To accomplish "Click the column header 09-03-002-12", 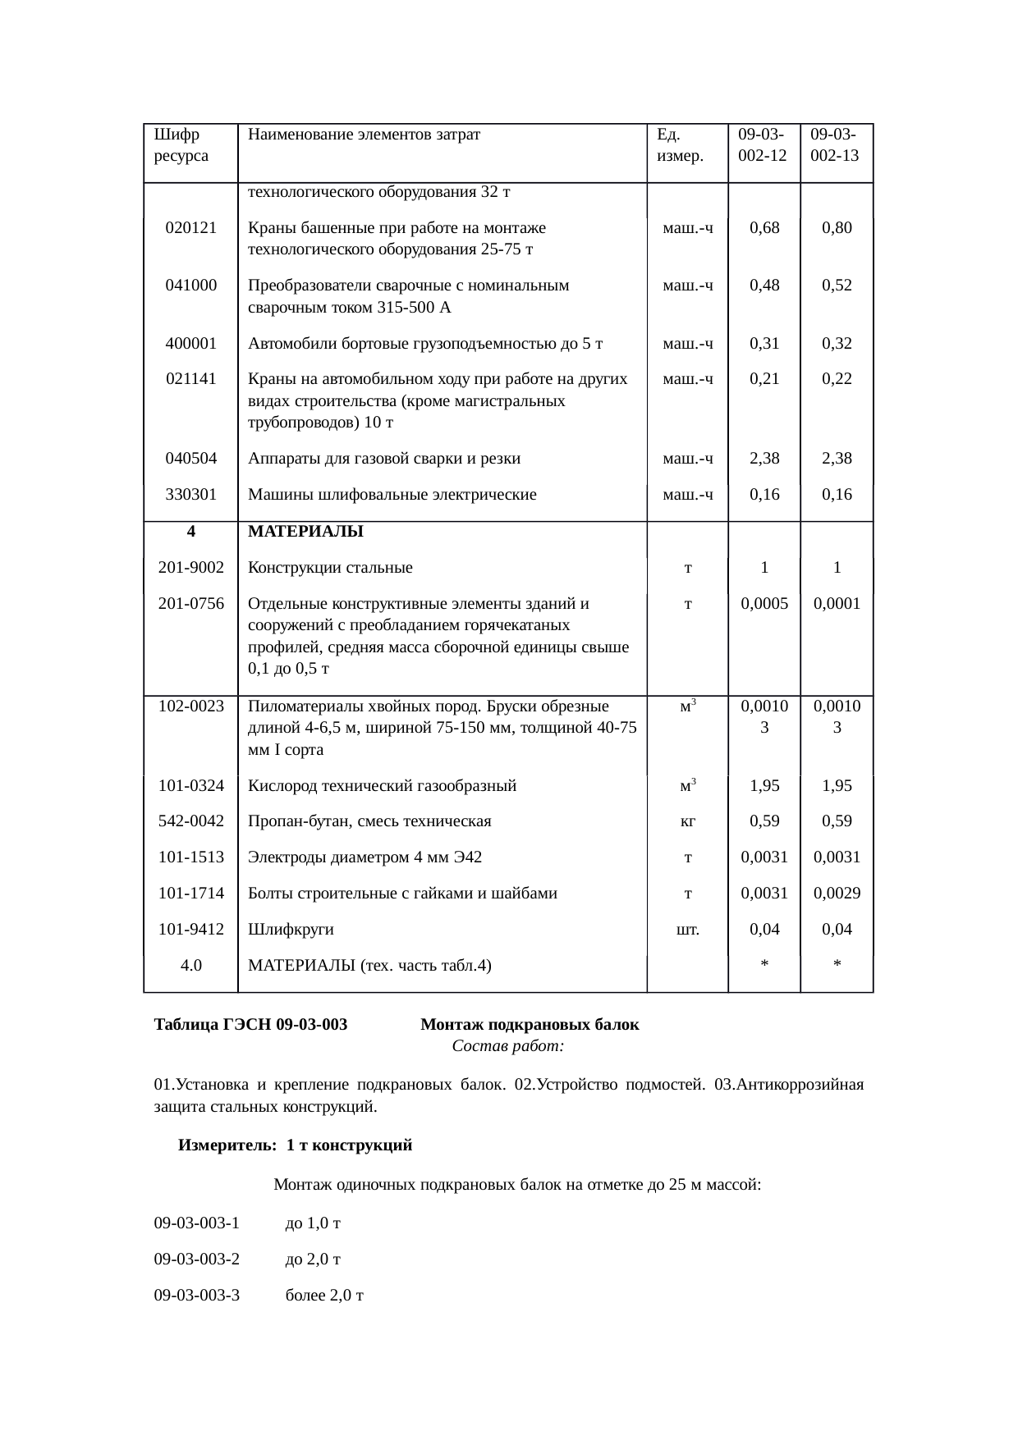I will (x=763, y=144).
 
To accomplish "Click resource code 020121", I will (x=190, y=227).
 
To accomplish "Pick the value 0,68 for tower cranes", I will (x=763, y=227).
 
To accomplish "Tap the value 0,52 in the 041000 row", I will (x=836, y=285).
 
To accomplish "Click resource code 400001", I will (x=190, y=343).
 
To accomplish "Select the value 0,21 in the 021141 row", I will (x=763, y=378).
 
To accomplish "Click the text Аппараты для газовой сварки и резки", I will (x=384, y=458).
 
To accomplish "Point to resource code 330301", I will (x=190, y=494).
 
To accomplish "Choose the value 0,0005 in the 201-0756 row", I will (x=763, y=603).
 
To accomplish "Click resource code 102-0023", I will (x=190, y=706).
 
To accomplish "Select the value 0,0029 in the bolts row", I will (x=836, y=893).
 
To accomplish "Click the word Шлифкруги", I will (x=291, y=929).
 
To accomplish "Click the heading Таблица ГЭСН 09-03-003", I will (x=250, y=1024).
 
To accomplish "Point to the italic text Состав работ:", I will (x=507, y=1046).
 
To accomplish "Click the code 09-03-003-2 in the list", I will (x=197, y=1259).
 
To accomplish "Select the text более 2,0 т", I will (x=324, y=1295).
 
